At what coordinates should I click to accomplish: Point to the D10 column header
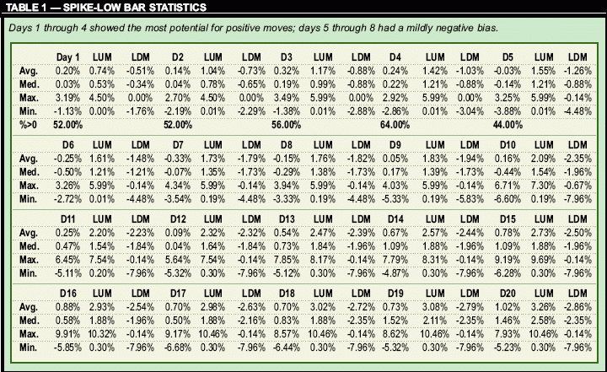(x=508, y=143)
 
